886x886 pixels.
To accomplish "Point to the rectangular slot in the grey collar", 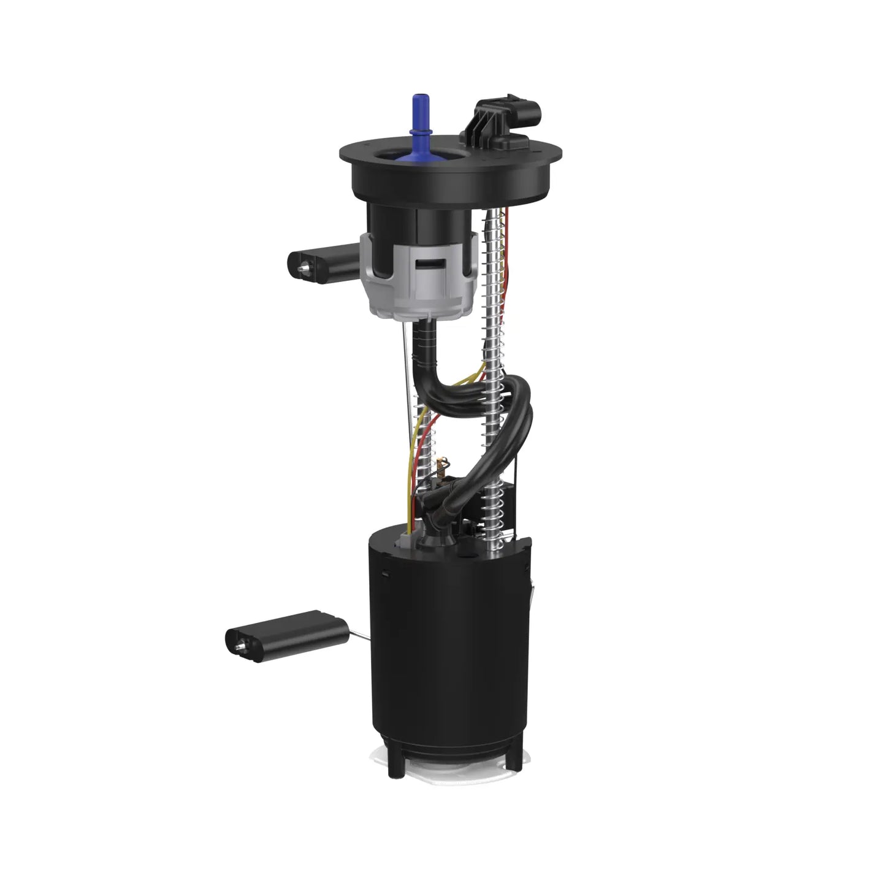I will (432, 265).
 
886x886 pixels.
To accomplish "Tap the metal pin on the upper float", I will (303, 265).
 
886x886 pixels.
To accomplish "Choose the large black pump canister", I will (448, 644).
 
